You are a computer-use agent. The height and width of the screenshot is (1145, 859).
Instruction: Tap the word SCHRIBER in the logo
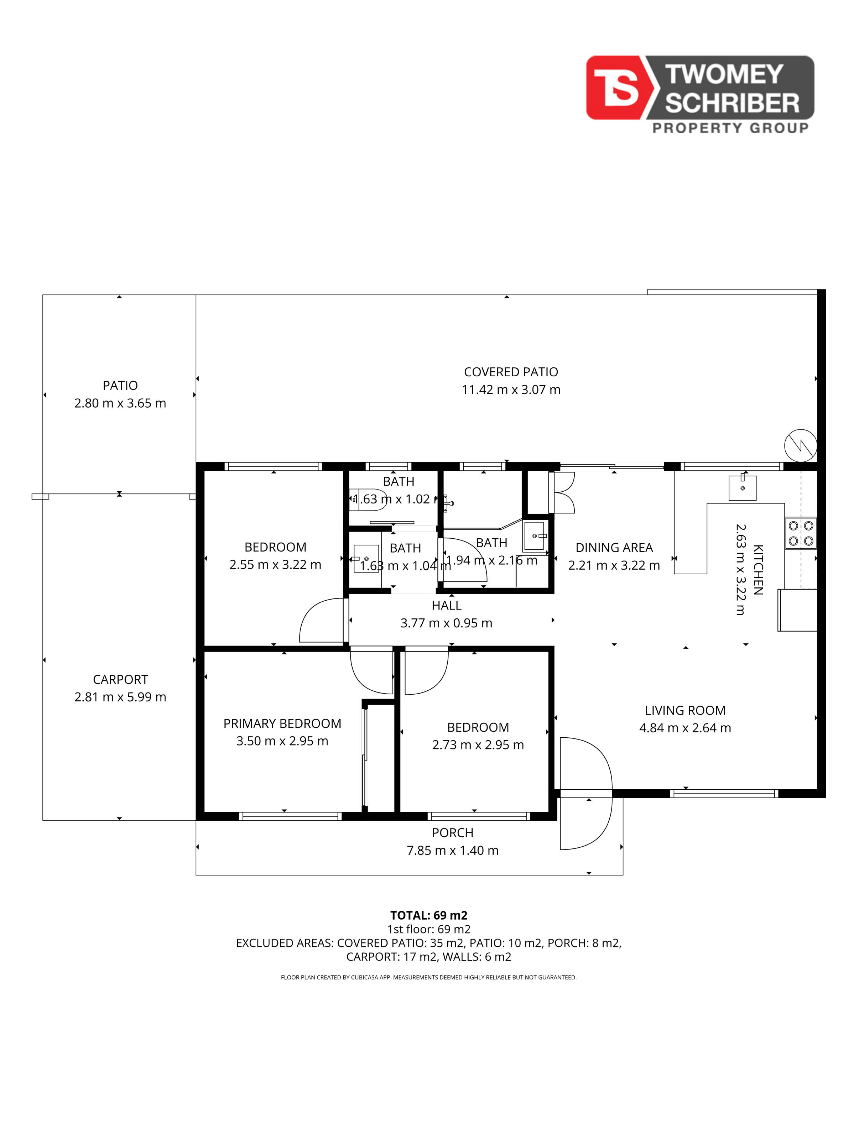[x=732, y=103]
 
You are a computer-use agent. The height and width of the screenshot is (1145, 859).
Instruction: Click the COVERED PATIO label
[x=511, y=372]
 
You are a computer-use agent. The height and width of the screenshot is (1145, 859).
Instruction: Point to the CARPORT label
[x=120, y=679]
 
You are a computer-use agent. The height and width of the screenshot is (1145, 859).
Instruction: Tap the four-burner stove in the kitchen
[x=801, y=534]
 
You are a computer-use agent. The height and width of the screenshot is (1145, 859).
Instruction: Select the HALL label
[x=446, y=605]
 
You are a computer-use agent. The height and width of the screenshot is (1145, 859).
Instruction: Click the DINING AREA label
[x=614, y=547]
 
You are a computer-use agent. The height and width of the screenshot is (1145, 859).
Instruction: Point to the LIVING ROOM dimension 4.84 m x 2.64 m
[x=685, y=728]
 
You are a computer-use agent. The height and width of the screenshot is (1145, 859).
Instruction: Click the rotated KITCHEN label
[x=758, y=569]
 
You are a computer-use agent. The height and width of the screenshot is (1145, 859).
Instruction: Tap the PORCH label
[x=453, y=833]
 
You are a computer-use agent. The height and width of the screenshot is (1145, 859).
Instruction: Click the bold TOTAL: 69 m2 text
[x=429, y=915]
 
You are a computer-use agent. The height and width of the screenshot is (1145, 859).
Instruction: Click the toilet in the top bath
[x=366, y=500]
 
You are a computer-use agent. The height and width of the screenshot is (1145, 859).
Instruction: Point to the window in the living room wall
[x=724, y=793]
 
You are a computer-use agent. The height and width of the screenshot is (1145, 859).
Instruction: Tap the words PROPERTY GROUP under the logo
[x=730, y=128]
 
